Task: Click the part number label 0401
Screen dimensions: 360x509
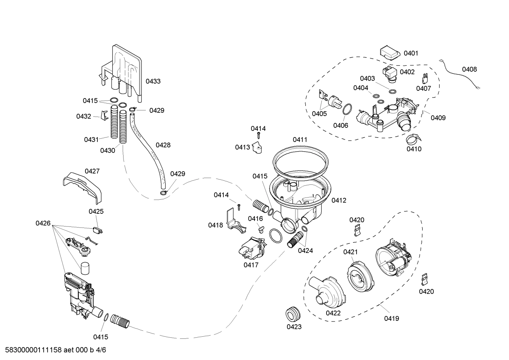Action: pyautogui.click(x=411, y=53)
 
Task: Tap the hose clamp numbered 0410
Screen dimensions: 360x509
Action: pyautogui.click(x=412, y=138)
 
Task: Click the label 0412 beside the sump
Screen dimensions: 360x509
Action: pyautogui.click(x=339, y=200)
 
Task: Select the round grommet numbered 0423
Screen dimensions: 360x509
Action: pyautogui.click(x=293, y=314)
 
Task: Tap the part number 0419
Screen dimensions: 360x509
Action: pyautogui.click(x=391, y=318)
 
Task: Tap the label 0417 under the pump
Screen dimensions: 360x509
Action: pyautogui.click(x=251, y=265)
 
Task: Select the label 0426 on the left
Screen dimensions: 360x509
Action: pyautogui.click(x=43, y=223)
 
